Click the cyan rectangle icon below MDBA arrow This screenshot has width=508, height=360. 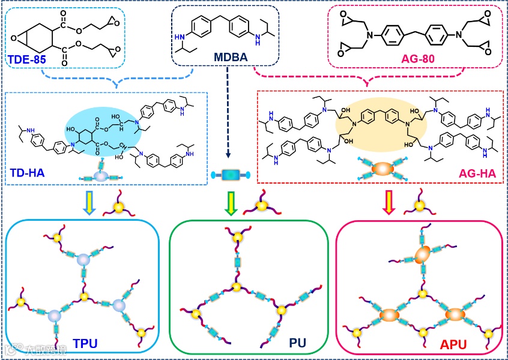coord(229,175)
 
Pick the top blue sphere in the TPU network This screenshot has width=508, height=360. coord(83,259)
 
